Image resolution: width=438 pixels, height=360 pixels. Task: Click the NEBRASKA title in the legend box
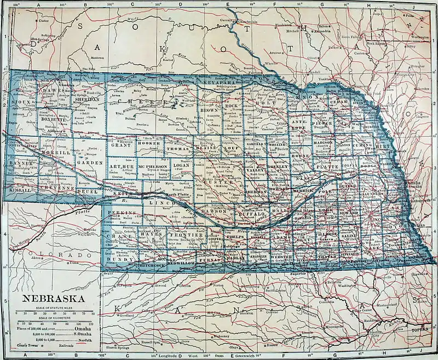click(x=53, y=299)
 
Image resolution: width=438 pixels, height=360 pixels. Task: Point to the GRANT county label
click(x=122, y=146)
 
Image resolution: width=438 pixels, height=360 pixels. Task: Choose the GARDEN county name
click(x=88, y=162)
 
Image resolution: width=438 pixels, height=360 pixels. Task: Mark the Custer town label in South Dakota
click(x=43, y=21)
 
